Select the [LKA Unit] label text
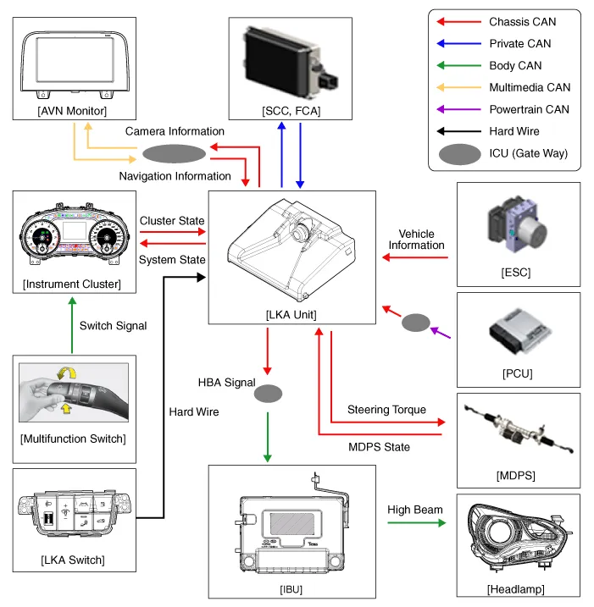(292, 312)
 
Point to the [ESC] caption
(518, 273)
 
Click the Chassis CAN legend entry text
(522, 22)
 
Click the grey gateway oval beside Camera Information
(174, 153)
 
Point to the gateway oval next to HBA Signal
(268, 394)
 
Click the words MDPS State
(379, 446)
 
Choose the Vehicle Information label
(416, 239)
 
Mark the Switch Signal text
(113, 325)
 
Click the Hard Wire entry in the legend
(514, 131)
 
